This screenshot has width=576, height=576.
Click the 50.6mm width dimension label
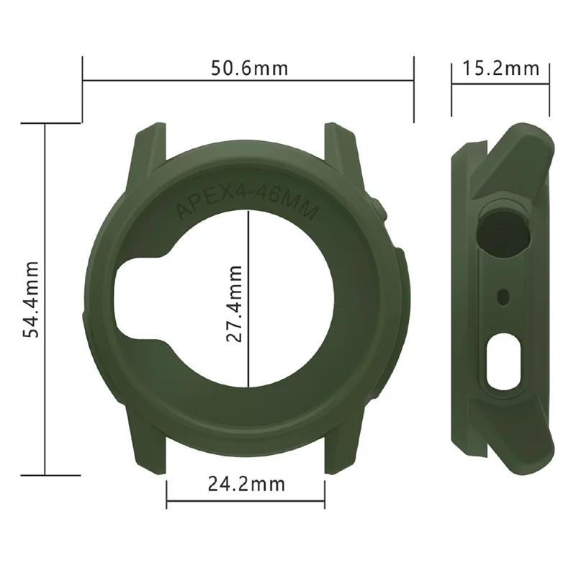point(249,68)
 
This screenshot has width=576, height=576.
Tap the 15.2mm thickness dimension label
point(500,68)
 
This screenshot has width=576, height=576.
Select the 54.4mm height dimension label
point(31,299)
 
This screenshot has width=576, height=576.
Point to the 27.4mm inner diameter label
point(234,302)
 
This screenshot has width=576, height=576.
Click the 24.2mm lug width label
point(246,484)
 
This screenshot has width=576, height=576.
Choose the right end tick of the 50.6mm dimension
point(414,90)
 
